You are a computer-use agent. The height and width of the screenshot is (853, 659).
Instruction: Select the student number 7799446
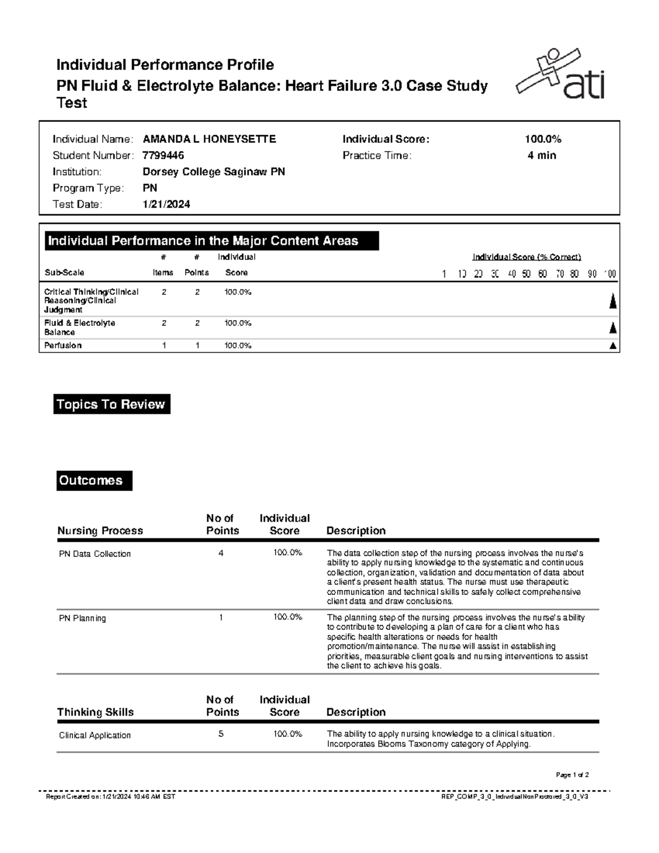coord(163,155)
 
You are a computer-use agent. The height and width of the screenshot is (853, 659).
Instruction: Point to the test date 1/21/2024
coord(166,204)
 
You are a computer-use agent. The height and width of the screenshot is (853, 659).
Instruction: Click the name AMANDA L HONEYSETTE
coord(209,139)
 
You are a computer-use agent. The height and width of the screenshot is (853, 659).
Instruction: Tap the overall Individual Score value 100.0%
coord(543,139)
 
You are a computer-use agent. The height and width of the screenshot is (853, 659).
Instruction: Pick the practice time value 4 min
coord(542,155)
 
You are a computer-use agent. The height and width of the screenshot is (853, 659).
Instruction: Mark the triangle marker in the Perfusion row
coord(613,346)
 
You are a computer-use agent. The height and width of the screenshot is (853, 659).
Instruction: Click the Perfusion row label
coord(63,345)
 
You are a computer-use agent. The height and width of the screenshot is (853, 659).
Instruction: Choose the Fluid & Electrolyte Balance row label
coord(79,327)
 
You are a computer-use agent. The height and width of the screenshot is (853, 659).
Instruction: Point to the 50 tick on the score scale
coord(527,274)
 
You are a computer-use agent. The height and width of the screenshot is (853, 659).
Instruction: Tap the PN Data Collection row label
coord(94,554)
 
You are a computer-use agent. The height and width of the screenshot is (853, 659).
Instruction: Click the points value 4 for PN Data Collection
coord(221,553)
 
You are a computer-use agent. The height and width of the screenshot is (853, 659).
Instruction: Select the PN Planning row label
coord(82,618)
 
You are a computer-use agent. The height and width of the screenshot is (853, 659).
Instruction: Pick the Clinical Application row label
coord(94,735)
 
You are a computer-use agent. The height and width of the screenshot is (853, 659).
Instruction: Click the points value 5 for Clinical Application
coord(221,734)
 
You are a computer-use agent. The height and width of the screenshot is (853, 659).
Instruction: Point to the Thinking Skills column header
coord(96,712)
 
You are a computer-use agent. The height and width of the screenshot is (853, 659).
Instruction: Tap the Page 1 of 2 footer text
coord(572,775)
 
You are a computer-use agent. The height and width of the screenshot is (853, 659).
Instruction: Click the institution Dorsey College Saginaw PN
coord(214,172)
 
